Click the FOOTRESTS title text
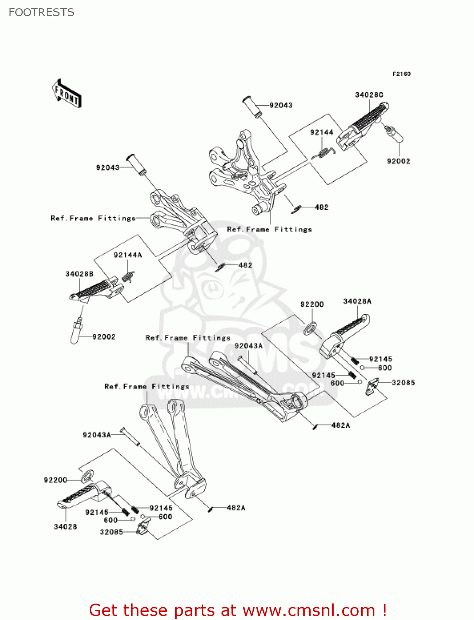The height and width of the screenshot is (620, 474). (41, 12)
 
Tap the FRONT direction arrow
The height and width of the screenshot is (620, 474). (67, 94)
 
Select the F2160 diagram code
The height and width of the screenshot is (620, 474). (401, 74)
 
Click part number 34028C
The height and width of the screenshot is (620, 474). (369, 95)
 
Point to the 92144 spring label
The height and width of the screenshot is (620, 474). (322, 132)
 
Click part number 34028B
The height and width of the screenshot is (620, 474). (79, 274)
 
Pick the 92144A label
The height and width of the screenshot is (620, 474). (128, 255)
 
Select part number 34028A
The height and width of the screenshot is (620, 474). (357, 301)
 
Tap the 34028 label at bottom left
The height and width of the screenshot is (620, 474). (65, 527)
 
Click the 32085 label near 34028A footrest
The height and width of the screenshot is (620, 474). (403, 383)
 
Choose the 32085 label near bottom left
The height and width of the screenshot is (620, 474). (111, 532)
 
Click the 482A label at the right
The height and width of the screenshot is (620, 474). (341, 425)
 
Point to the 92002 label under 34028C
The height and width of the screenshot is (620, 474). (398, 161)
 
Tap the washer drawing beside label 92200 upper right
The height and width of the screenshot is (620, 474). (310, 329)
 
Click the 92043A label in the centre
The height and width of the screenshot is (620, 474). (248, 346)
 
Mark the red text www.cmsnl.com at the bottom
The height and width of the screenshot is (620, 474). (308, 610)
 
